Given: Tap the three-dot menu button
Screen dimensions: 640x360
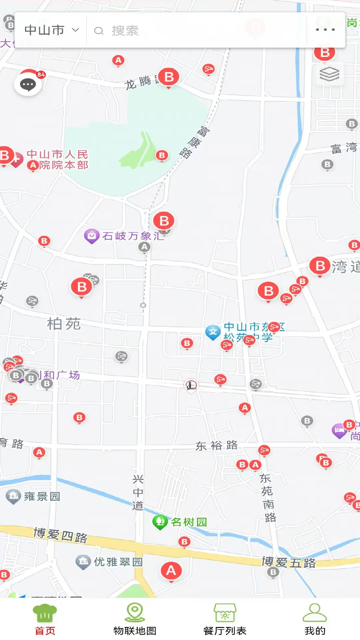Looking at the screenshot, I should pyautogui.click(x=325, y=30).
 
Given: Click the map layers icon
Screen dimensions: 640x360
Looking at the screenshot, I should pyautogui.click(x=329, y=74).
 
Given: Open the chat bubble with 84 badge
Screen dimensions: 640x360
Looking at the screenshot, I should pyautogui.click(x=28, y=84).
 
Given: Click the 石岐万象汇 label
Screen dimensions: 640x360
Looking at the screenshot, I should pyautogui.click(x=133, y=236).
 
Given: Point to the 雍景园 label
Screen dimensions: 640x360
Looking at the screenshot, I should pyautogui.click(x=42, y=497).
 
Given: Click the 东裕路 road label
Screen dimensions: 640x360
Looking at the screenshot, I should pyautogui.click(x=217, y=446).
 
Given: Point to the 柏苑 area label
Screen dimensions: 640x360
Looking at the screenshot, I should pyautogui.click(x=64, y=324).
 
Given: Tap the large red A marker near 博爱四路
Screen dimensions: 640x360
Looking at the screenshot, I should pyautogui.click(x=171, y=571).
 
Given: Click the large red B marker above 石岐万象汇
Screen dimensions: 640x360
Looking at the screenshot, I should pyautogui.click(x=164, y=221).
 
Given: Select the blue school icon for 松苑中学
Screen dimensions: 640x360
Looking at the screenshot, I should pyautogui.click(x=213, y=332).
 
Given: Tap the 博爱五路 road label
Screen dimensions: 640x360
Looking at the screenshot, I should pyautogui.click(x=289, y=562).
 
